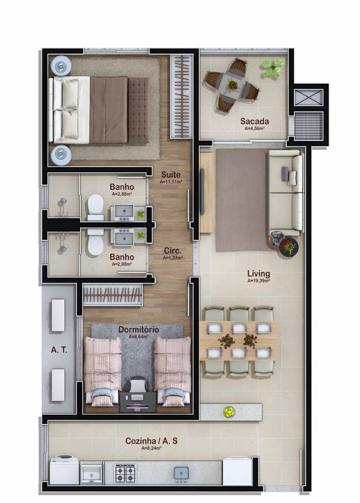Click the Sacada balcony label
[254, 121]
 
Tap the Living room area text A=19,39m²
[258, 280]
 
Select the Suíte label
[171, 175]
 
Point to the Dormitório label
[139, 329]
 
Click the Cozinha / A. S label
[151, 441]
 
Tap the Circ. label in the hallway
[173, 251]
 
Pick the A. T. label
[59, 350]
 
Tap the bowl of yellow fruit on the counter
[230, 411]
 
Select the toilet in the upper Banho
[96, 207]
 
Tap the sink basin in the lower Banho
[124, 236]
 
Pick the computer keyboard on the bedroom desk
[137, 398]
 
